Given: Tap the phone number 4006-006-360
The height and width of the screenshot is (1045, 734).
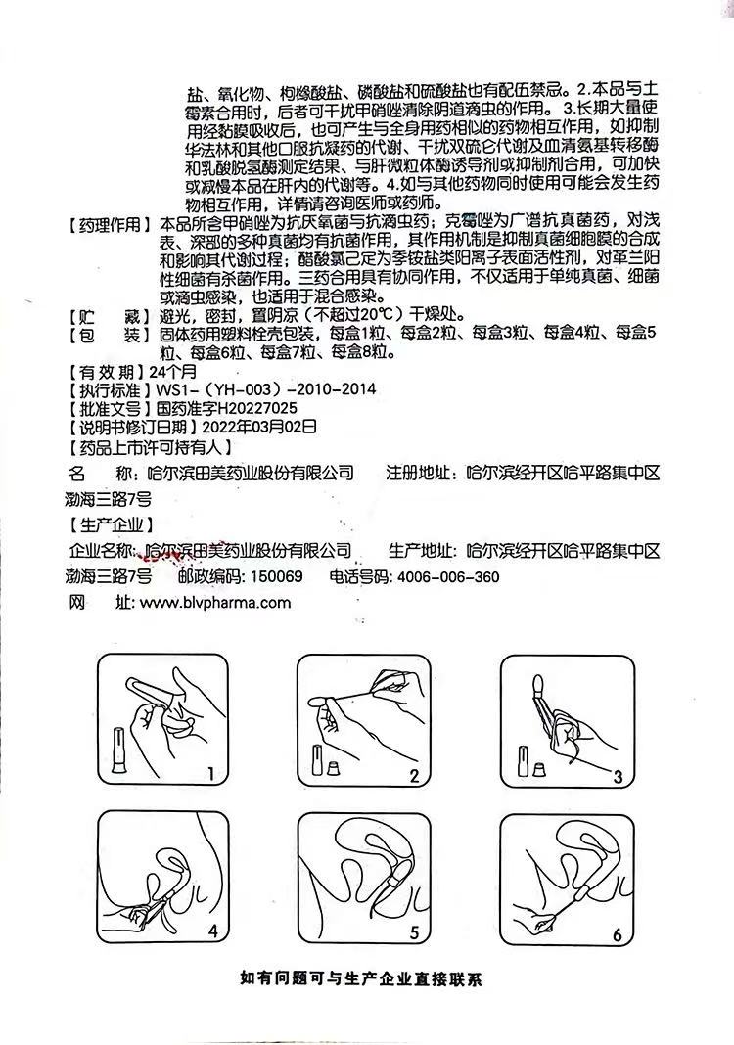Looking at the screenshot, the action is click(x=448, y=576).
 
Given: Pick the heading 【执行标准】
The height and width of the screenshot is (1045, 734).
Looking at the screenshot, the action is click(x=108, y=389).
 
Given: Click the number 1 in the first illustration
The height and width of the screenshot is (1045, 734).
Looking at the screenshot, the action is click(x=210, y=774).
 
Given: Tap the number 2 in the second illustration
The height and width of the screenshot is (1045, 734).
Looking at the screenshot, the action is click(x=415, y=775).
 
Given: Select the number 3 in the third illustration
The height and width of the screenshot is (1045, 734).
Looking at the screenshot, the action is click(x=618, y=777).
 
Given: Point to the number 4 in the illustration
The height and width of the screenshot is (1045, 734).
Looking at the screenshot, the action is click(x=212, y=931).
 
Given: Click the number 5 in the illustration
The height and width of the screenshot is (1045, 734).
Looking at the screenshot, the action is click(x=415, y=931).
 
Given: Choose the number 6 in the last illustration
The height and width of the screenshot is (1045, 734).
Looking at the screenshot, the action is click(x=618, y=934).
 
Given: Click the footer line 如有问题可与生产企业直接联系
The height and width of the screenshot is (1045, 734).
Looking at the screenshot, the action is click(x=360, y=979).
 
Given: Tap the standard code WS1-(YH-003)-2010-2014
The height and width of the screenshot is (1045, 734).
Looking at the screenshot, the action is click(x=265, y=389).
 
